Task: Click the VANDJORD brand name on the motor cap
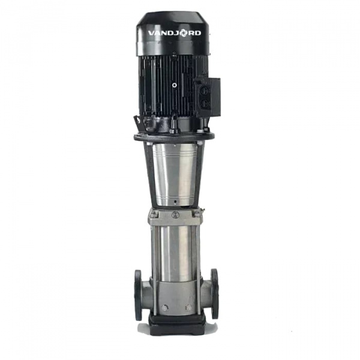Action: (x=175, y=33)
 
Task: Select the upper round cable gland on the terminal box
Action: (x=205, y=91)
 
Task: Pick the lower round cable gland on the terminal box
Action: (x=205, y=104)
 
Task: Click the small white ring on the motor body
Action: (x=175, y=85)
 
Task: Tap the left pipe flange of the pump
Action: (x=138, y=295)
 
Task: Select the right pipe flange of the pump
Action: (x=215, y=293)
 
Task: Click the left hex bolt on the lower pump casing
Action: (x=164, y=308)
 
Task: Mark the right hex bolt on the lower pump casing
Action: (x=189, y=308)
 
